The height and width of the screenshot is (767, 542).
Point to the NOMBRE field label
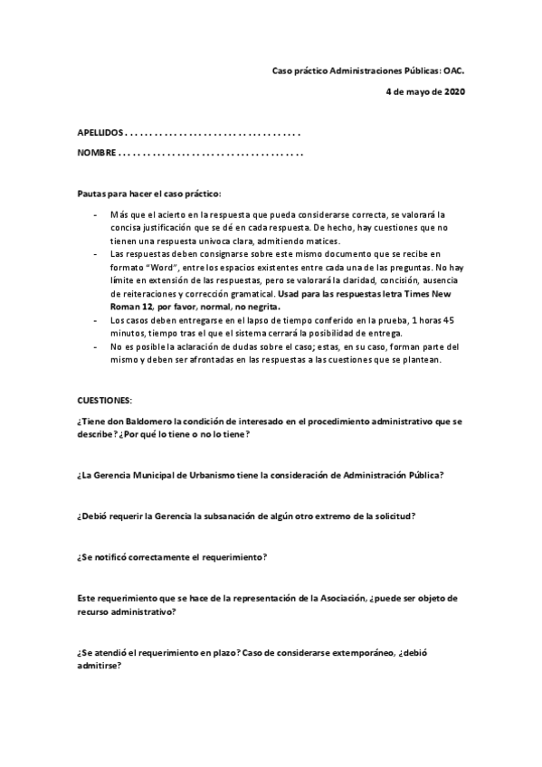[96, 153]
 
